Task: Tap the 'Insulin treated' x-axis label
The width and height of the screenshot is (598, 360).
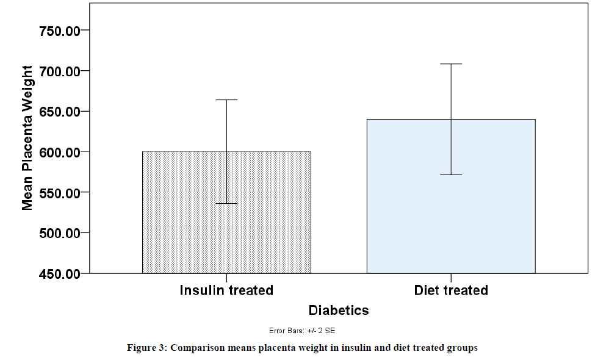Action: click(226, 290)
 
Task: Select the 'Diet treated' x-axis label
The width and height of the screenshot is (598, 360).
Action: click(451, 290)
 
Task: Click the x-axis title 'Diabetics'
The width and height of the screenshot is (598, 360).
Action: click(339, 311)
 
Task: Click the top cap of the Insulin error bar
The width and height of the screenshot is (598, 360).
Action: click(226, 99)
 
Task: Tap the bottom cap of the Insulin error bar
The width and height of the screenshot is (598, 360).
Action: click(226, 203)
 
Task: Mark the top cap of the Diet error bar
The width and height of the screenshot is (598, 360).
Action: click(451, 63)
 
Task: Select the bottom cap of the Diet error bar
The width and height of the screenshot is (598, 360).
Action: click(451, 175)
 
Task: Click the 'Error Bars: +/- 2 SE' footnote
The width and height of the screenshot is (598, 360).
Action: click(302, 331)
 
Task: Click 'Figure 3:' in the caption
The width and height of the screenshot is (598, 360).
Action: click(146, 348)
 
